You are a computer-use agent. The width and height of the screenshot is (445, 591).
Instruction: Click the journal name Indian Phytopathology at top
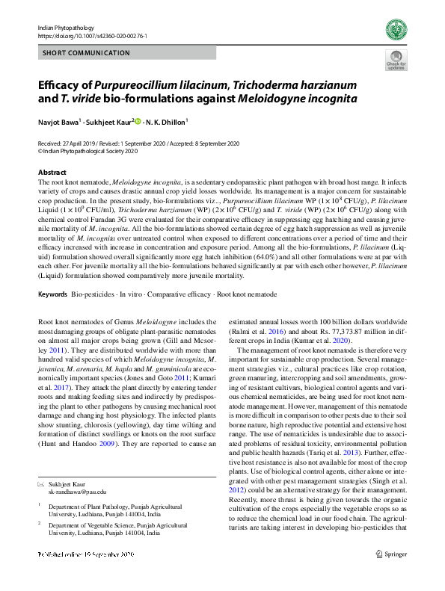pos(63,27)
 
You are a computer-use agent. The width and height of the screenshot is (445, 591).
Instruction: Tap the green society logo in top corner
pos(396,31)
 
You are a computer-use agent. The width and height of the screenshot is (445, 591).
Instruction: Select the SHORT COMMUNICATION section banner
pos(87,53)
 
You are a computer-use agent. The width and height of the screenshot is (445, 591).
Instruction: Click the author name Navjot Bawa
pos(57,121)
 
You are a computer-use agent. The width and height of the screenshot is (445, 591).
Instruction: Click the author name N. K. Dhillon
pos(166,121)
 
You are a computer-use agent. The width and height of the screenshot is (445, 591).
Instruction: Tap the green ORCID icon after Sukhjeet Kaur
pos(137,121)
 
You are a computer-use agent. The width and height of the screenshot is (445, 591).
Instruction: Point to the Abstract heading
pos(52,172)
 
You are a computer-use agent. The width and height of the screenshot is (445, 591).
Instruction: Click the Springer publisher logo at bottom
pos(391,575)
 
